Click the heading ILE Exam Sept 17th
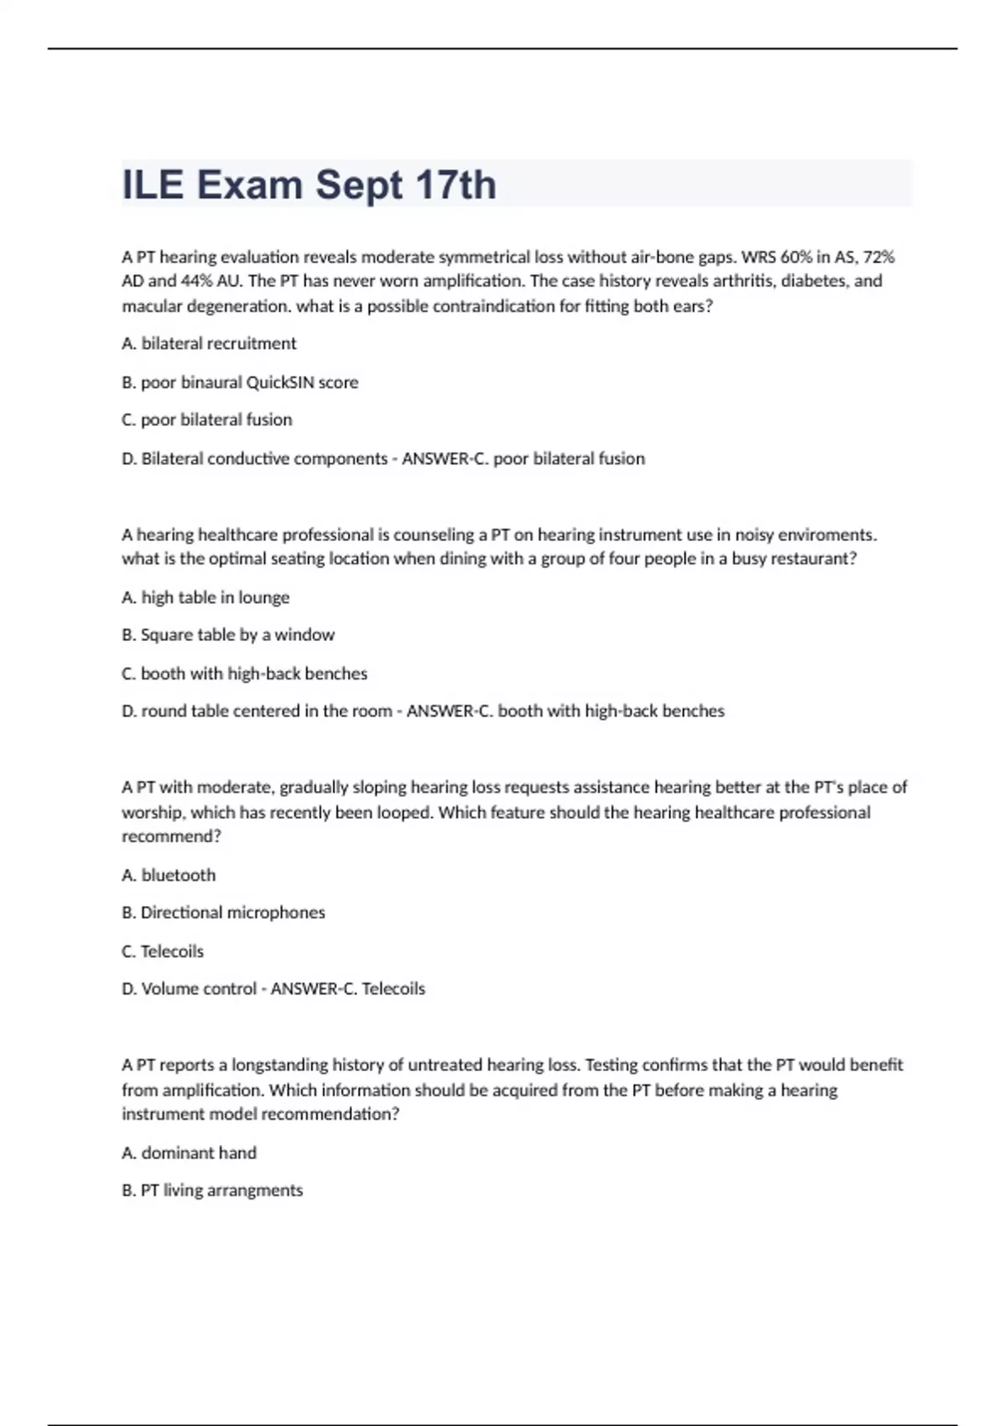309,185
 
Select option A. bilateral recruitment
209,343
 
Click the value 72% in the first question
879,257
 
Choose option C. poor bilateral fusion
207,419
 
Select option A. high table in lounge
205,597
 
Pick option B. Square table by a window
228,635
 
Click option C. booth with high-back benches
244,674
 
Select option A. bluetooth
169,875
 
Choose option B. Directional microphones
223,913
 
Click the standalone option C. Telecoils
163,951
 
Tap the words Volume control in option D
199,989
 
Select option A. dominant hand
189,1153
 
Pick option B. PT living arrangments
212,1190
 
